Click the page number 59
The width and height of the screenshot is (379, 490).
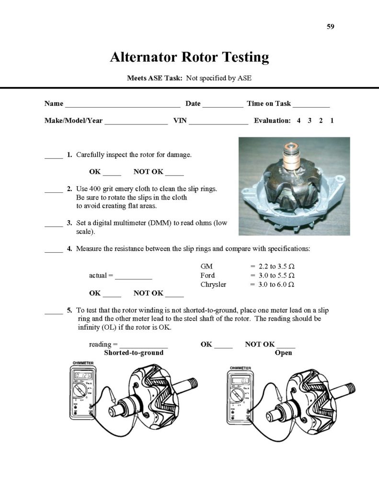pyautogui.click(x=330, y=26)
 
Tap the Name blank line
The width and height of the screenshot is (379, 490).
pyautogui.click(x=123, y=104)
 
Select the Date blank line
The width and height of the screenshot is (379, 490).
pyautogui.click(x=223, y=104)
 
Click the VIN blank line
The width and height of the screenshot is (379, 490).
pyautogui.click(x=218, y=122)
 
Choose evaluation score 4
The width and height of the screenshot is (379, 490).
pyautogui.click(x=299, y=121)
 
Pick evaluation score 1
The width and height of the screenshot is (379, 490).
pyautogui.click(x=332, y=121)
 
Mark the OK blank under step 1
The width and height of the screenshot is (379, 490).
pyautogui.click(x=112, y=172)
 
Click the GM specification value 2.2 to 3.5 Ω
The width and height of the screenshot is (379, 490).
pyautogui.click(x=272, y=266)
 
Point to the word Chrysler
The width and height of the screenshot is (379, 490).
pyautogui.click(x=213, y=284)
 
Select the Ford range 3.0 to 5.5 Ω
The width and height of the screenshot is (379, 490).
pyautogui.click(x=272, y=275)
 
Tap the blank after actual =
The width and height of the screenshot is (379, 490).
pyautogui.click(x=134, y=276)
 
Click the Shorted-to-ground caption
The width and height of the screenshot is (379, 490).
pyautogui.click(x=134, y=353)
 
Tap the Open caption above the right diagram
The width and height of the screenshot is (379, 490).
pyautogui.click(x=284, y=353)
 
